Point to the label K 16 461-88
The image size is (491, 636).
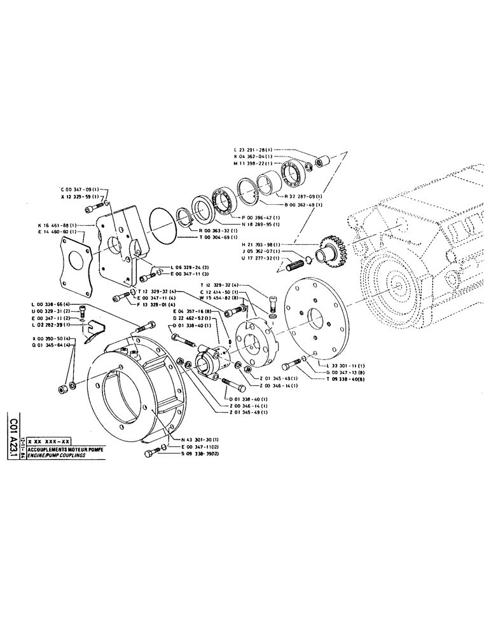57,225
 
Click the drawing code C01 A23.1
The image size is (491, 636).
13,439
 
